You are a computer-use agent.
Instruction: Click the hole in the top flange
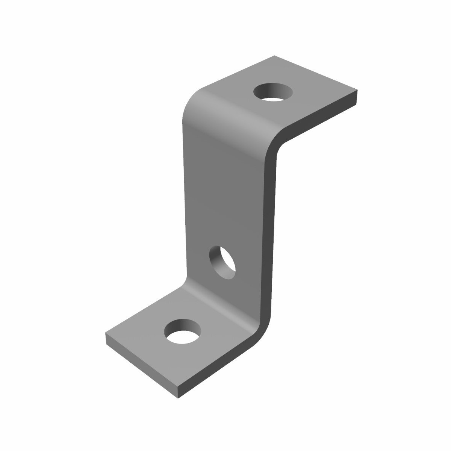[x=273, y=92]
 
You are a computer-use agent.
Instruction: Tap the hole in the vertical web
[x=222, y=263]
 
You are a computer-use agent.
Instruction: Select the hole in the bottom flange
[x=183, y=331]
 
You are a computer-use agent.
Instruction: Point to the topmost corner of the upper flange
[x=275, y=56]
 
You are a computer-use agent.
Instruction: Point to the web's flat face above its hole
[x=225, y=188]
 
